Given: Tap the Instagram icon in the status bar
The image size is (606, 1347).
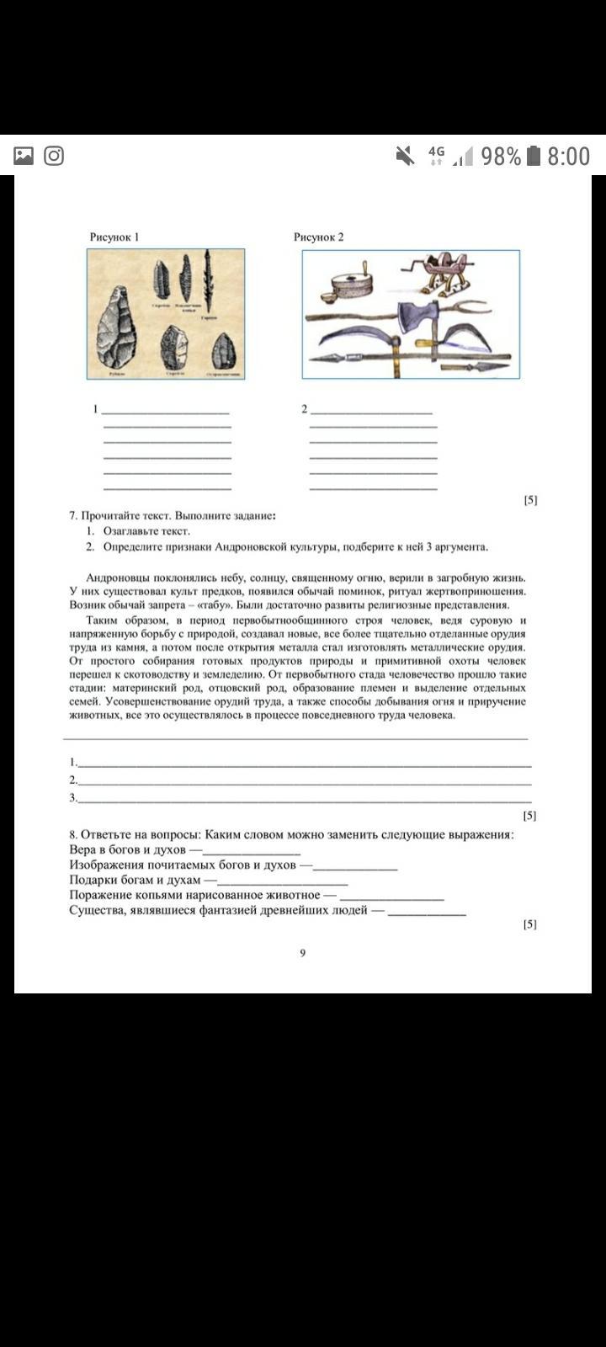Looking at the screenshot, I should pyautogui.click(x=54, y=156).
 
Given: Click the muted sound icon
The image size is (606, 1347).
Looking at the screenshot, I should pyautogui.click(x=405, y=156).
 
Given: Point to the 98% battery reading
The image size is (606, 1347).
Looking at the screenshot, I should pyautogui.click(x=501, y=156).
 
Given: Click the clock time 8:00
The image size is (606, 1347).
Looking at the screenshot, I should pyautogui.click(x=568, y=156).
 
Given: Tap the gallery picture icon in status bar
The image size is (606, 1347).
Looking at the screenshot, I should pyautogui.click(x=24, y=156).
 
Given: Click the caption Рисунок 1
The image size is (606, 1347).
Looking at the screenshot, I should pyautogui.click(x=114, y=237).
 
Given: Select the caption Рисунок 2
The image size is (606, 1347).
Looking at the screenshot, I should pyautogui.click(x=318, y=237).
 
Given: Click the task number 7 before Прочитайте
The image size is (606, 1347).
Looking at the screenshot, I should pyautogui.click(x=73, y=515).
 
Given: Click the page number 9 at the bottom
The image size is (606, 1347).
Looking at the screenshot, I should pyautogui.click(x=302, y=953).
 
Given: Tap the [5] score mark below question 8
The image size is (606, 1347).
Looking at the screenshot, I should pyautogui.click(x=529, y=924).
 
